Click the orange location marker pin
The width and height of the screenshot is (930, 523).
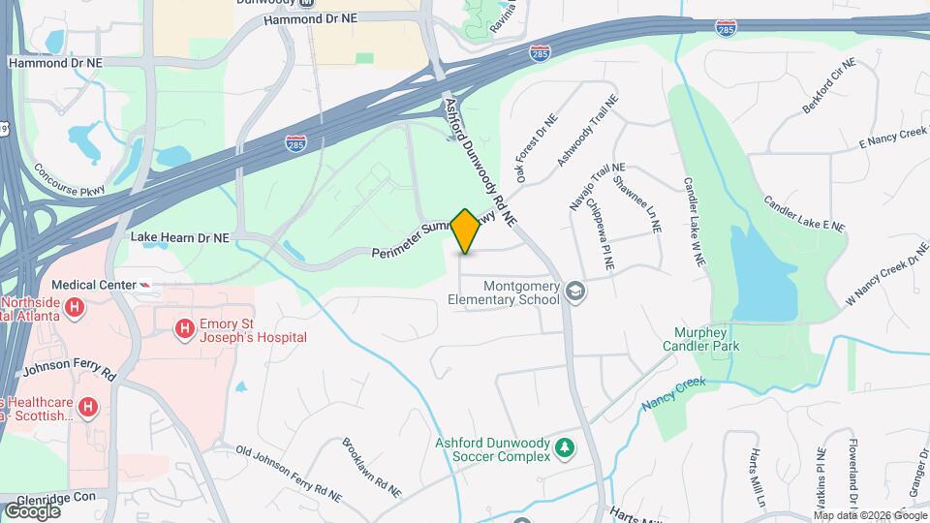465,231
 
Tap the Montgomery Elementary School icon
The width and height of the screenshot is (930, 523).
575,291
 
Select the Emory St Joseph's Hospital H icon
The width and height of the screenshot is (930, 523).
183,329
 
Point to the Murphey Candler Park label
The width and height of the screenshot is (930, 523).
700,338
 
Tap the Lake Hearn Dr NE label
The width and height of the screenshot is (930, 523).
180,236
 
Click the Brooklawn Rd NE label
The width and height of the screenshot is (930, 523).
371,467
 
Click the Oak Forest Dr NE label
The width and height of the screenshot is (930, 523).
537,148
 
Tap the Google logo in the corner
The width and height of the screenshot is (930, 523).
32,510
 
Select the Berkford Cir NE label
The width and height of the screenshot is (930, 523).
830,85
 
